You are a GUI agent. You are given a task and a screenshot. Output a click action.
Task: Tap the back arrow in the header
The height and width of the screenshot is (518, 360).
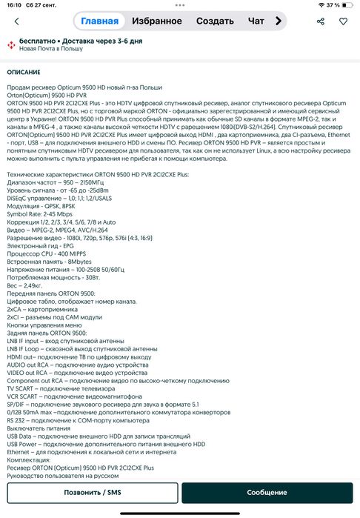(x=16, y=21)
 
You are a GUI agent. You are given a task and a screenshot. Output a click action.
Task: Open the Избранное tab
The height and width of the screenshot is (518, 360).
(x=156, y=21)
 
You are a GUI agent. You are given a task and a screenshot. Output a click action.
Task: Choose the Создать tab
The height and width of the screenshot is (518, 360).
(x=216, y=21)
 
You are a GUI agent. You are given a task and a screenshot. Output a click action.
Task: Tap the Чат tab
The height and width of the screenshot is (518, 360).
(x=256, y=21)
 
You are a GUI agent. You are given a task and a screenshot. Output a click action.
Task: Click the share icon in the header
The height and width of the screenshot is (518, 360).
(x=321, y=21)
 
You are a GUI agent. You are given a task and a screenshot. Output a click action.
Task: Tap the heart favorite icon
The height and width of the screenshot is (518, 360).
(x=342, y=21)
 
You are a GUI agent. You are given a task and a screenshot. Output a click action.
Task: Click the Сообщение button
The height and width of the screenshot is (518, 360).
(x=267, y=493)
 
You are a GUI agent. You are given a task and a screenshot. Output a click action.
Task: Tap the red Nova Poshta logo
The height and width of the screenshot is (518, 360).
(x=11, y=45)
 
